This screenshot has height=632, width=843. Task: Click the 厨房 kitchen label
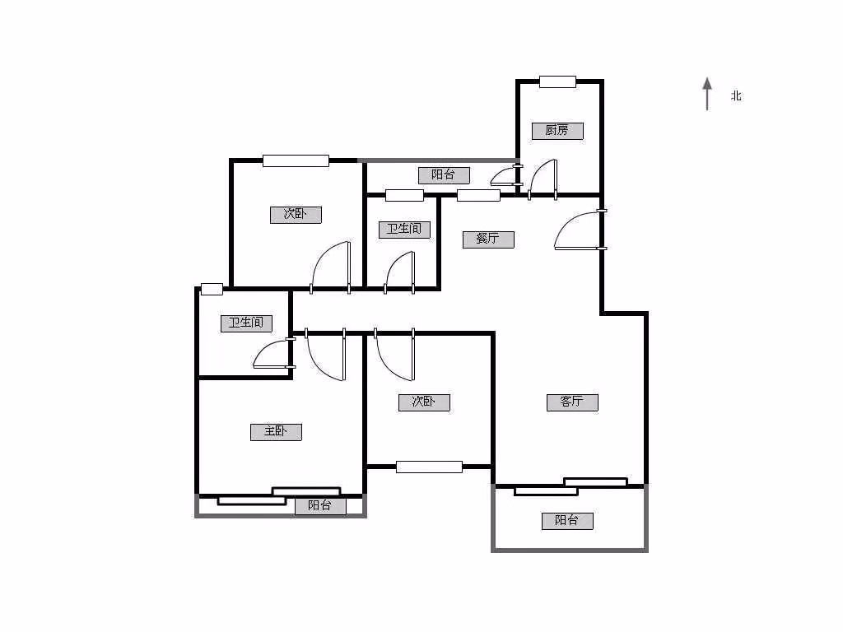[557, 130]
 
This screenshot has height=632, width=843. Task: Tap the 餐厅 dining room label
[488, 239]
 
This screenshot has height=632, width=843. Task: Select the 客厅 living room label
[572, 402]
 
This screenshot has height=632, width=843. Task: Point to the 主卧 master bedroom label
[276, 432]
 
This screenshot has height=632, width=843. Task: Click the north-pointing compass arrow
[706, 93]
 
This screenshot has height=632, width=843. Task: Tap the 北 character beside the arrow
[736, 96]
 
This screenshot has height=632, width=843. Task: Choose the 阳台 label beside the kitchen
[444, 174]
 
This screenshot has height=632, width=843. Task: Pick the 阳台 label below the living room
[567, 520]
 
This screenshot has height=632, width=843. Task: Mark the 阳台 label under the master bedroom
[320, 505]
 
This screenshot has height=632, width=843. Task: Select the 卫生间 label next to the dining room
[404, 229]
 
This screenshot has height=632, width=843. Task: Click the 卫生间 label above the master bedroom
[246, 323]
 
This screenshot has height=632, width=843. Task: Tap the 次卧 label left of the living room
[424, 402]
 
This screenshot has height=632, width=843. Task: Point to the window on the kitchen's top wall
[557, 81]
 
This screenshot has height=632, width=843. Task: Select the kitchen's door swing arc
[543, 179]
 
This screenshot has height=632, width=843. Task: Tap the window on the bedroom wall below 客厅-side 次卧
[429, 467]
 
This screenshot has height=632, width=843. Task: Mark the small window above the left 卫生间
[212, 289]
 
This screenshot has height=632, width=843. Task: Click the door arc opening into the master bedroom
[324, 355]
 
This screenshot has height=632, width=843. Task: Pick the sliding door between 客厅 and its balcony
[571, 486]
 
